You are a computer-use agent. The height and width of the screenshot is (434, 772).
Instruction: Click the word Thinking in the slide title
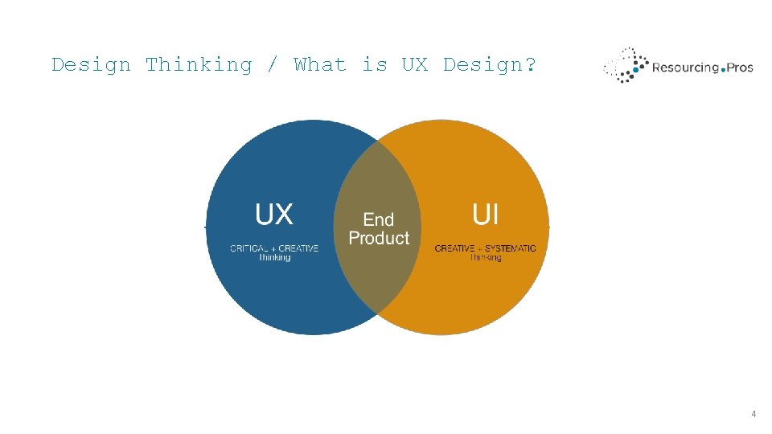[x=199, y=65]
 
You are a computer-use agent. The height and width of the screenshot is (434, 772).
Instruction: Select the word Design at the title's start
[x=91, y=65]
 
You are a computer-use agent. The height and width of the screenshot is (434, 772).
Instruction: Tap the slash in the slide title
[x=273, y=65]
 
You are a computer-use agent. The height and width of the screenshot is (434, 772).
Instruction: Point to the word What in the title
[x=319, y=65]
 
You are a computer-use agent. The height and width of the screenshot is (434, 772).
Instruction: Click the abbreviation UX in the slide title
[x=414, y=65]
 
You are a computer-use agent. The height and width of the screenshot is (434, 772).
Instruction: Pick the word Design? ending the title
[x=489, y=65]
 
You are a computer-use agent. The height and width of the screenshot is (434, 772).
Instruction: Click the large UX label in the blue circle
[x=274, y=215]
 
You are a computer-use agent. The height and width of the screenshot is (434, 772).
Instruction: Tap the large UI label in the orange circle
[x=485, y=215]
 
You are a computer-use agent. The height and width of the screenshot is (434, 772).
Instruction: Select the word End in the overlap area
[x=379, y=219]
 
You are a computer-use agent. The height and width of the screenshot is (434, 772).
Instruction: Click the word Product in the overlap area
[x=379, y=239]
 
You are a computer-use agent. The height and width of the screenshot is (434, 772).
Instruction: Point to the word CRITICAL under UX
[x=249, y=249]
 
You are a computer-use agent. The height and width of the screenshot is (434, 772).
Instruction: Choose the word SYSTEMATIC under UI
[x=510, y=249]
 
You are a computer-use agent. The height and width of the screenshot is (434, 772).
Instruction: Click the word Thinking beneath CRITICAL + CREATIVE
[x=274, y=258]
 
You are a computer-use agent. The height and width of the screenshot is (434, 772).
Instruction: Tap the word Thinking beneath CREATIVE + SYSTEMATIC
[x=485, y=258]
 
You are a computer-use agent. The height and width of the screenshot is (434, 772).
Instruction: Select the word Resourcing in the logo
[x=685, y=68]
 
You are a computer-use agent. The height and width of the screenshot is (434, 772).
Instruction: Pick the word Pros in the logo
[x=740, y=68]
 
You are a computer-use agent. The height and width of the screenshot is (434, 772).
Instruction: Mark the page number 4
[x=754, y=414]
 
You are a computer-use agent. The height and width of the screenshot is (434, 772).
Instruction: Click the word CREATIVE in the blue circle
[x=298, y=249]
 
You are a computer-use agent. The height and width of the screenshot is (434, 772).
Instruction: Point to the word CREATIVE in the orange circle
[x=454, y=249]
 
